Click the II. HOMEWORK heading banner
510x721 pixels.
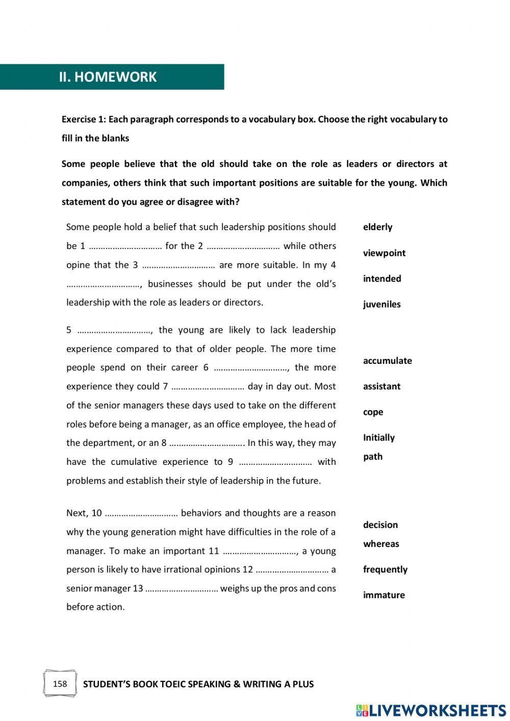pos(112,77)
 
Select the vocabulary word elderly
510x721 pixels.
pos(377,227)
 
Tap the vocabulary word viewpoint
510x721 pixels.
pos(384,253)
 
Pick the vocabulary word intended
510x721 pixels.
pos(382,279)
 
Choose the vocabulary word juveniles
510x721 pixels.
pos(381,304)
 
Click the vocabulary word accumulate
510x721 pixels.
pos(387,361)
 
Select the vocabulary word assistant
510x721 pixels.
pos(381,386)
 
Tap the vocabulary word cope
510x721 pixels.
pos(373,412)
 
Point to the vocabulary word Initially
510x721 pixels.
pos(378,438)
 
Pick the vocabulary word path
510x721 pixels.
pos(372,457)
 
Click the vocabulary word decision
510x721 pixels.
pos(380,525)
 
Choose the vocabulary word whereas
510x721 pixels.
pos(381,544)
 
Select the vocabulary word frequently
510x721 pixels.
pos(385,569)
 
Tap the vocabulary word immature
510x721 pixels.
pos(384,595)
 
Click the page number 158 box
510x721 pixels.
pos(60,684)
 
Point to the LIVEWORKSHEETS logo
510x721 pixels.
pos(431,710)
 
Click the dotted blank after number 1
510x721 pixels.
pos(125,246)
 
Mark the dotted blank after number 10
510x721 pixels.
pos(141,513)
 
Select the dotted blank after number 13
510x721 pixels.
pos(182,589)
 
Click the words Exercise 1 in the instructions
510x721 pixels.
pos(83,119)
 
